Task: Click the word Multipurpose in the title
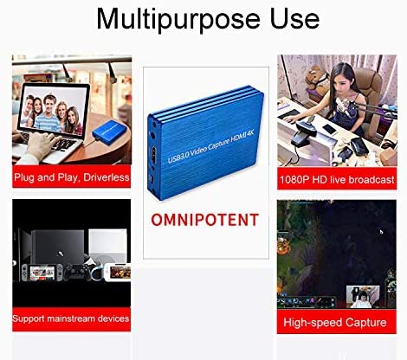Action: coord(178,19)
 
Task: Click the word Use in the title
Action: coord(294,19)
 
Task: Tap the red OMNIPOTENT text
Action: coord(205,220)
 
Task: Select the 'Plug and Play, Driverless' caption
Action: coord(72,177)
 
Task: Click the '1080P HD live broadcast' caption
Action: coord(337,180)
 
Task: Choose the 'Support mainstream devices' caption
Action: coord(71,318)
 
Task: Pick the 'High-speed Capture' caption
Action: coord(335,322)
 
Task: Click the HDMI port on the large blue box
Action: coord(154,155)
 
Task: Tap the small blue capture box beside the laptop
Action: coord(109,132)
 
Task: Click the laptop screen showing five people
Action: coord(53,111)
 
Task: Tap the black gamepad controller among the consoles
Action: coord(77,272)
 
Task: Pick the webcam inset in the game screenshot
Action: coord(363,296)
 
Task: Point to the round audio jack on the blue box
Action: coord(152,134)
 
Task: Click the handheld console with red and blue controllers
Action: coord(42,273)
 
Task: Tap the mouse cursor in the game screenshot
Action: coord(381,232)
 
